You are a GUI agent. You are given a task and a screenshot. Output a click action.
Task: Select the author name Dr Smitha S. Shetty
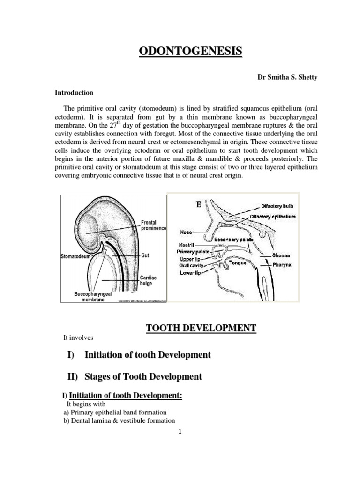[287, 77]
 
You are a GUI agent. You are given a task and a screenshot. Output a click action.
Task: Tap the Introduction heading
[74, 93]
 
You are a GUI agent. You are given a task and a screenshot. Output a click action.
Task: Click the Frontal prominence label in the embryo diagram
[153, 225]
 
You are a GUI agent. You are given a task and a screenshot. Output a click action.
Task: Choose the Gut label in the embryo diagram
[145, 256]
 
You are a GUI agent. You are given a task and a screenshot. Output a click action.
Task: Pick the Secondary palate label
[234, 240]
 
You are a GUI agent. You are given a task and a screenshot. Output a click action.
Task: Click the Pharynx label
[284, 265]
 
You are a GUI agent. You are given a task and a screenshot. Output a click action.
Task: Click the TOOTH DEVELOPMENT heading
[202, 328]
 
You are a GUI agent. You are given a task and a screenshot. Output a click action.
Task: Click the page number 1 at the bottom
[180, 432]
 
